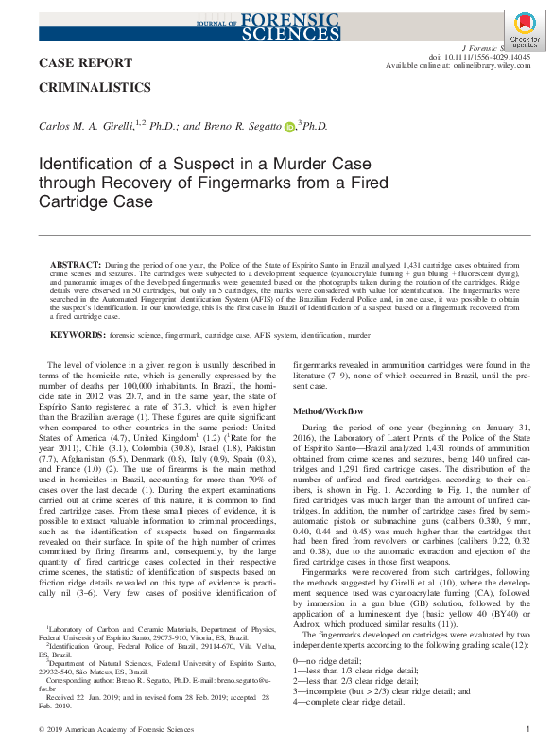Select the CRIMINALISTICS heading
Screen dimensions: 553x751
point(95,87)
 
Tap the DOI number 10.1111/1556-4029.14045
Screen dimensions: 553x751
point(479,56)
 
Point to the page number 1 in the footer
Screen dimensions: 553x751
point(527,730)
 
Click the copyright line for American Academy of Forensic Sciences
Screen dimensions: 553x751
point(110,730)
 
